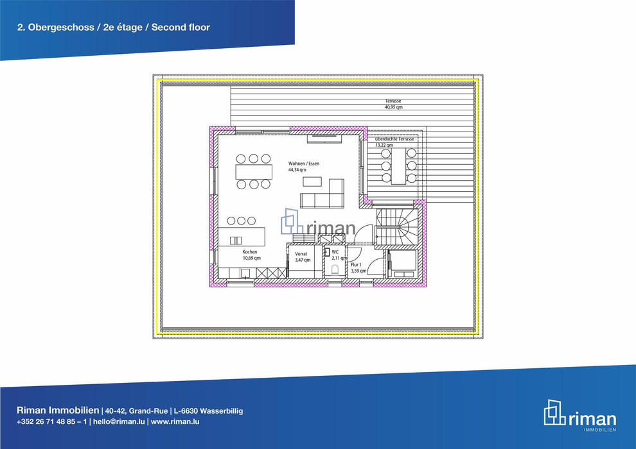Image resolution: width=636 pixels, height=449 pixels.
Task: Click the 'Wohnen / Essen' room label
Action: click(304, 164)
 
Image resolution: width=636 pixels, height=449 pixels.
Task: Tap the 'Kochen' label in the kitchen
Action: click(250, 252)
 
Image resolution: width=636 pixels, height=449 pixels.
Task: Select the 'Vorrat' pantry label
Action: click(301, 254)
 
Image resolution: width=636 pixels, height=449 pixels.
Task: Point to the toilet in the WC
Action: click(335, 269)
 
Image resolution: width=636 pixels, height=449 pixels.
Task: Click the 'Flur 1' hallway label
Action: click(356, 265)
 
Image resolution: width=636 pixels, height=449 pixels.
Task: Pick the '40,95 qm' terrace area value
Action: click(393, 107)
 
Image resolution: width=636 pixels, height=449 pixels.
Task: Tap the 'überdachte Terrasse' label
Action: click(394, 139)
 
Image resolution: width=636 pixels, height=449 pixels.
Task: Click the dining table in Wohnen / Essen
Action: click(254, 171)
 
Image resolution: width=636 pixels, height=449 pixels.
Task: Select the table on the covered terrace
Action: click(399, 166)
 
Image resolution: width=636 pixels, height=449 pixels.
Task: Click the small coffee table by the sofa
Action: click(312, 182)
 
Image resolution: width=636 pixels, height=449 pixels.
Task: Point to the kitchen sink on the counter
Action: click(245, 273)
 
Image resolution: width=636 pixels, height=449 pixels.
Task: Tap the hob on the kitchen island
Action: click(236, 241)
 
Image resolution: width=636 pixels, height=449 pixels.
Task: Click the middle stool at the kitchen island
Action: click(242, 221)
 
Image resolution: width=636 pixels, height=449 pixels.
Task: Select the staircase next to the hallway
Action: click(397, 226)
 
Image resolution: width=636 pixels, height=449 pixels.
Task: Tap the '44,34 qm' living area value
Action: click(297, 170)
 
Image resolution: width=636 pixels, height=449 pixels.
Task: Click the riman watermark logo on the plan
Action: click(319, 223)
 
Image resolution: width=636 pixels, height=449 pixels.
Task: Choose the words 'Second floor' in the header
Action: click(181, 28)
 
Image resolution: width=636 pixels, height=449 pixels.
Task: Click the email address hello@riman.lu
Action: click(119, 421)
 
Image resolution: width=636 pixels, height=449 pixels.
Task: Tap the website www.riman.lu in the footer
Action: click(175, 421)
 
